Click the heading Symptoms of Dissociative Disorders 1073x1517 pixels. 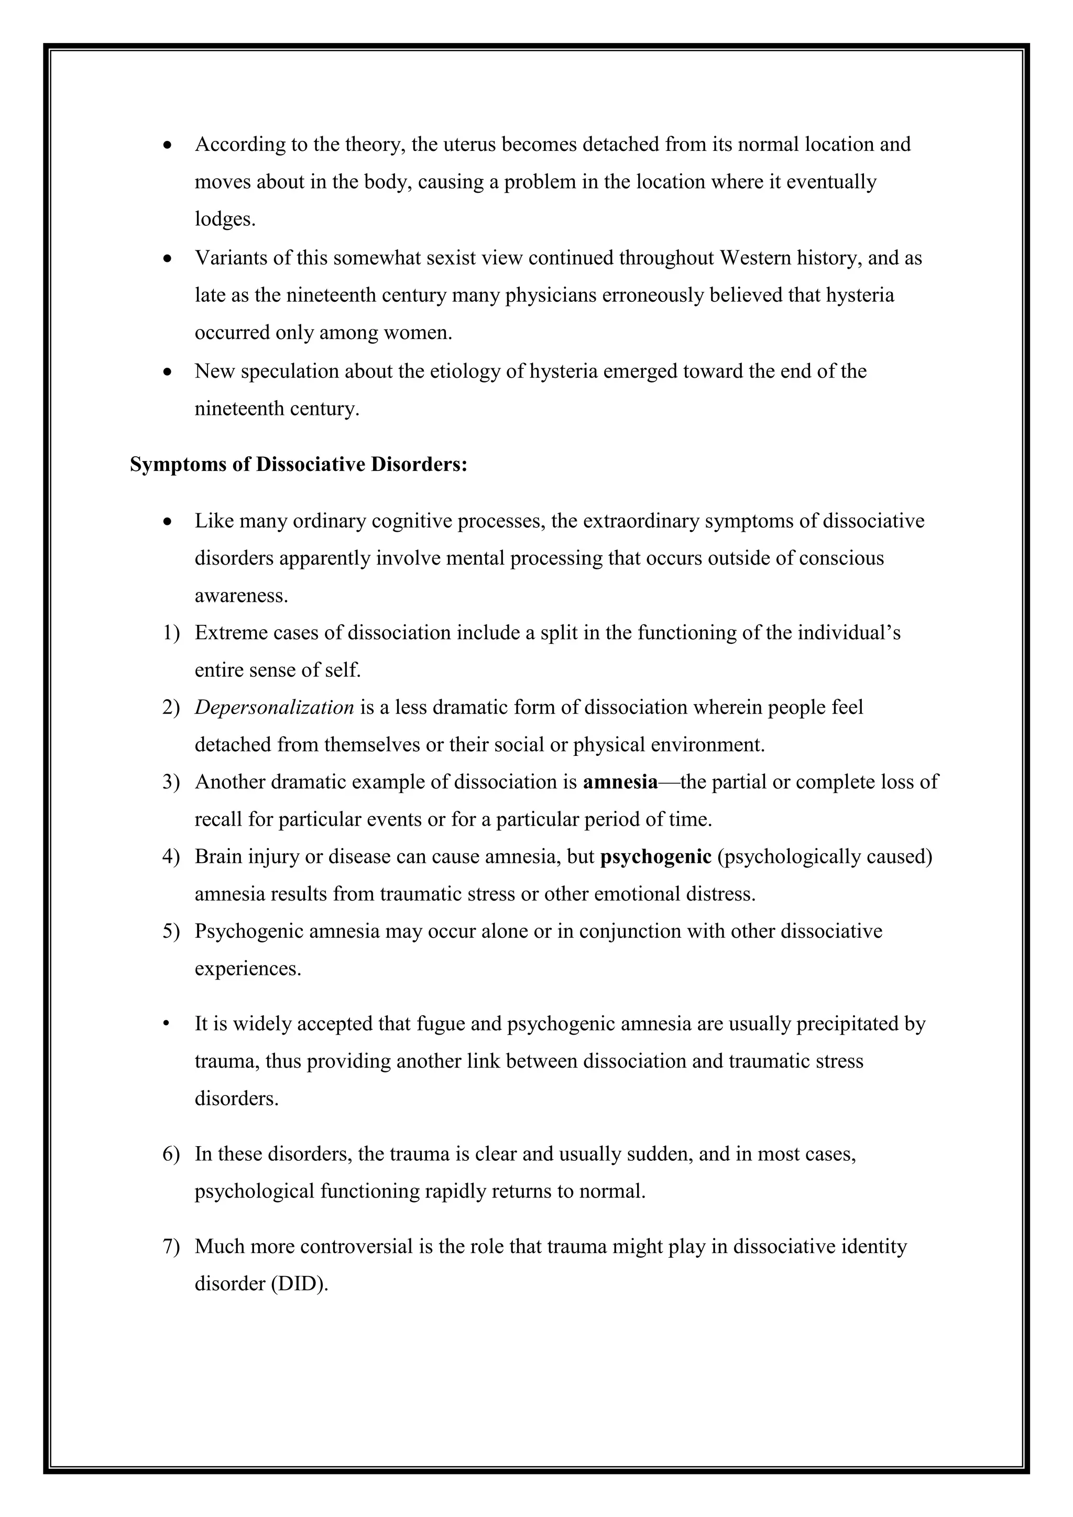pos(299,465)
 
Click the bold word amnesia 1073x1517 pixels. pos(620,782)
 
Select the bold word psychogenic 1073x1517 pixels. pos(655,857)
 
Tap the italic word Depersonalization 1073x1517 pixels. pos(274,708)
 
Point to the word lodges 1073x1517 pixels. pos(224,219)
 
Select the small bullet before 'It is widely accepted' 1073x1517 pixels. pos(168,1024)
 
